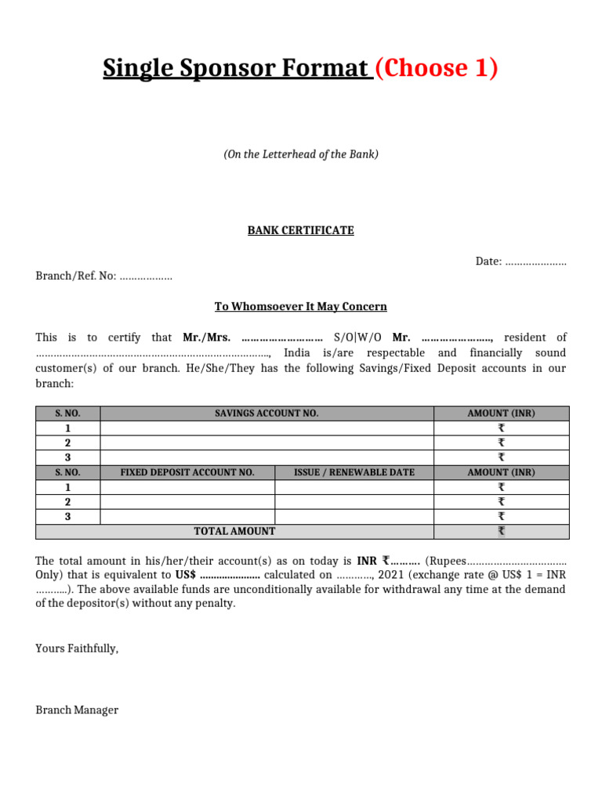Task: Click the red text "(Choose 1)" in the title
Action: (x=437, y=69)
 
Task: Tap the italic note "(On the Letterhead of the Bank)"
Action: (x=301, y=154)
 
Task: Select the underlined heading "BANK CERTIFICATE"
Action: (x=301, y=230)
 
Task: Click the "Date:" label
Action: (x=488, y=261)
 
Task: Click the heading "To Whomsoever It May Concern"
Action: (x=301, y=306)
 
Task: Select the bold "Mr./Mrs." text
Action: (x=206, y=338)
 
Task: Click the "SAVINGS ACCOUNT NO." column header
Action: (x=267, y=413)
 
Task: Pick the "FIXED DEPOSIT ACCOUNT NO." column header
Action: (x=187, y=472)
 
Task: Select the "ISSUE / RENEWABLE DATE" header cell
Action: (x=354, y=472)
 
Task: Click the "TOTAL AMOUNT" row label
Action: (x=234, y=531)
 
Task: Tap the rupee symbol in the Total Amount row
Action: (x=502, y=531)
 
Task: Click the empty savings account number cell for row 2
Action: (x=267, y=443)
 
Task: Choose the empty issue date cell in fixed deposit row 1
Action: (x=354, y=487)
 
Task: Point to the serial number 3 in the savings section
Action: (x=68, y=457)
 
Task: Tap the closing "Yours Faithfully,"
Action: (x=77, y=648)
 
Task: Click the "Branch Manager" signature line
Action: (x=77, y=710)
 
